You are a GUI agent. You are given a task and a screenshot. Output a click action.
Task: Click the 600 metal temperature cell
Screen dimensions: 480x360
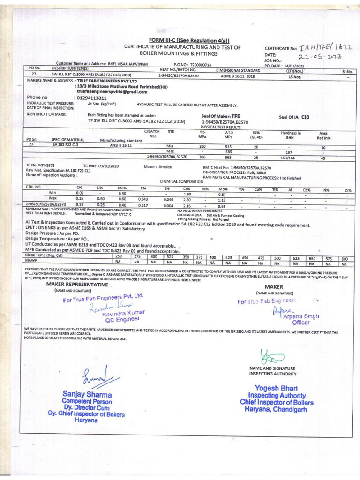[344, 258]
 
